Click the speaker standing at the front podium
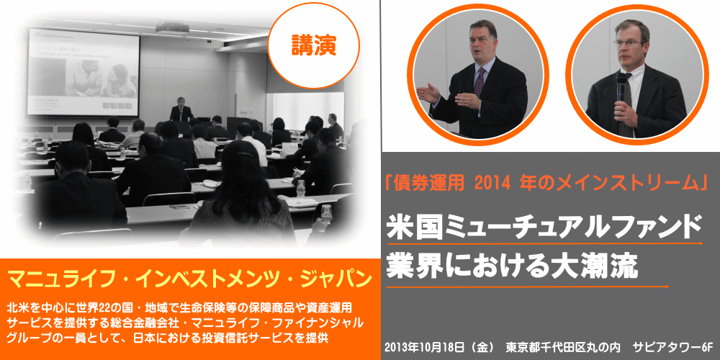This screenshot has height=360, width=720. [x=181, y=110]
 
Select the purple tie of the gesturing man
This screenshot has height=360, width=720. [x=480, y=82]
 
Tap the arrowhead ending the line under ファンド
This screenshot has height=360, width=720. [x=700, y=243]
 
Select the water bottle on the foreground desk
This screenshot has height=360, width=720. [x=301, y=188]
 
